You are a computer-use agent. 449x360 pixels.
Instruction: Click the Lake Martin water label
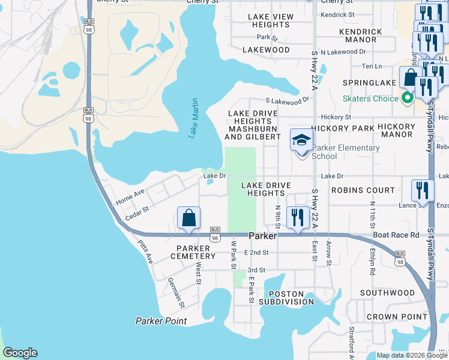pos(193,118)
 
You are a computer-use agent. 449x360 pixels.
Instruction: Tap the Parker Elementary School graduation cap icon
pos(301,140)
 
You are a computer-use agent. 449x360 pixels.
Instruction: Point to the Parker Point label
pos(161,321)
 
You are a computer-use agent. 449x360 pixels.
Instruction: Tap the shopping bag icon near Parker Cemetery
pos(188,218)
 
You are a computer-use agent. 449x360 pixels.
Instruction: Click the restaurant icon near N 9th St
pos(298,218)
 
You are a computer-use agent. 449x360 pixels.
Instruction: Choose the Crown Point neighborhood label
pos(388,316)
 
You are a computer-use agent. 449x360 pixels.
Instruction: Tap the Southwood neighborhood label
pos(387,293)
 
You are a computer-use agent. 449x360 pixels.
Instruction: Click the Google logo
pos(20,353)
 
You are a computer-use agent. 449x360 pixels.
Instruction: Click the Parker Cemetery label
pos(196,252)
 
